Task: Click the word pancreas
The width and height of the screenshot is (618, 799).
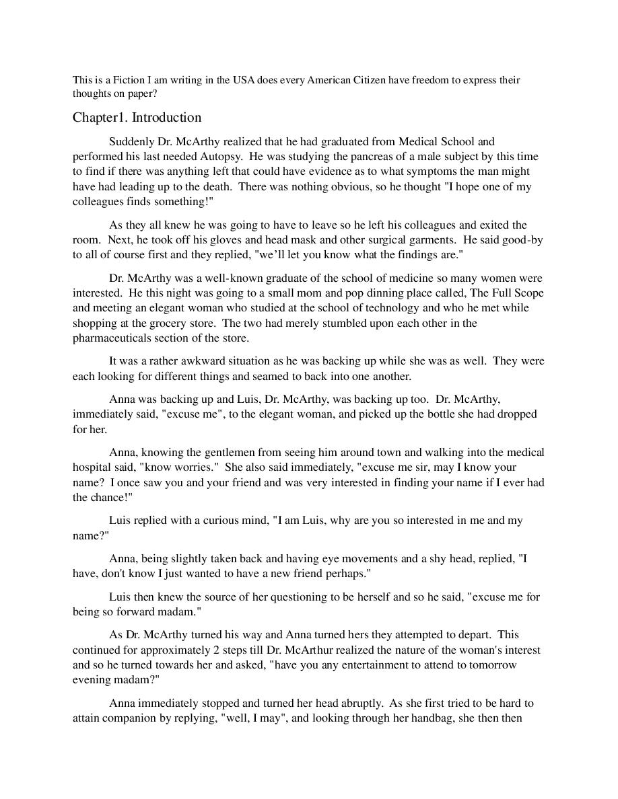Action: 348,156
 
